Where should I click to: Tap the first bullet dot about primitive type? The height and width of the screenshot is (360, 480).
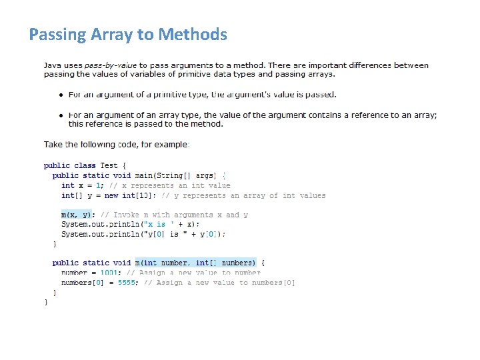pyautogui.click(x=60, y=95)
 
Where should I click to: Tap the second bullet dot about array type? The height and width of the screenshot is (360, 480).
pyautogui.click(x=60, y=115)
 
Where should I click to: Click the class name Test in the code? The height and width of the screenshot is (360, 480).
pyautogui.click(x=109, y=165)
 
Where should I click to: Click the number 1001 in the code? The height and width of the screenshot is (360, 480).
pyautogui.click(x=110, y=273)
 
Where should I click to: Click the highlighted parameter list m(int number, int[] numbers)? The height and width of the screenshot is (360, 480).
pyautogui.click(x=195, y=263)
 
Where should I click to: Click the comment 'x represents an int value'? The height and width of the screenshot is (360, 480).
pyautogui.click(x=172, y=185)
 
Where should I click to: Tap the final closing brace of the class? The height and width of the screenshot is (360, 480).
pyautogui.click(x=46, y=302)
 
